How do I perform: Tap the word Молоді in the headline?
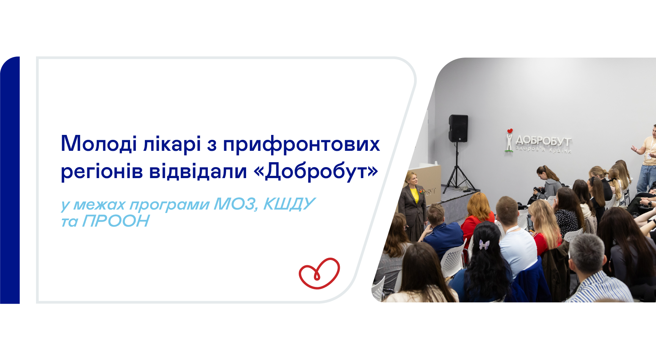99,144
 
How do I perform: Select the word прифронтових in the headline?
301,144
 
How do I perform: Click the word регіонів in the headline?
102,172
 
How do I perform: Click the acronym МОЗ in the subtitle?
235,204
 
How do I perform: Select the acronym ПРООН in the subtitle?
116,221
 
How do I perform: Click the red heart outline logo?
319,273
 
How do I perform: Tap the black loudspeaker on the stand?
458,128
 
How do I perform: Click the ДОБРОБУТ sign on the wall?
543,141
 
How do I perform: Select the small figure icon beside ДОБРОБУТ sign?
509,140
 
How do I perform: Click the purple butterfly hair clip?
484,244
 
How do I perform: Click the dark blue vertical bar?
10,180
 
